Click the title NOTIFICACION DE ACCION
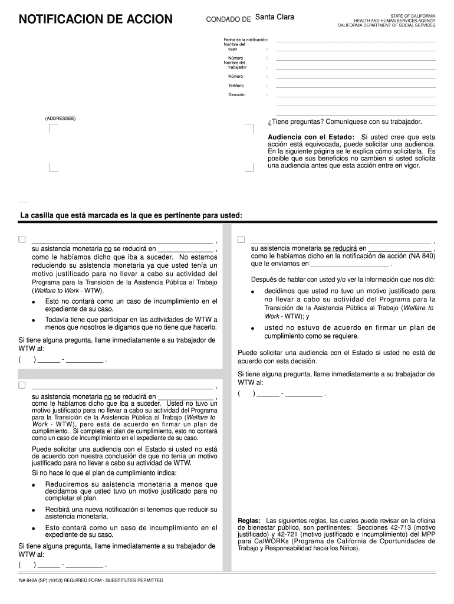tap(96, 20)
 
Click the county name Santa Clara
tap(275, 17)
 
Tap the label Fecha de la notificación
tap(246, 40)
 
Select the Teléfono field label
tap(236, 86)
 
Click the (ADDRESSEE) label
tap(60, 119)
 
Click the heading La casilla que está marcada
tap(131, 215)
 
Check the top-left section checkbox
tap(22, 239)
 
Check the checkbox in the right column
tap(241, 239)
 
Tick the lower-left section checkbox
tap(22, 385)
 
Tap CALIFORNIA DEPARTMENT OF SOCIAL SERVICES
tap(386, 25)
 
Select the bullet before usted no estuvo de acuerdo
tap(252, 329)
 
